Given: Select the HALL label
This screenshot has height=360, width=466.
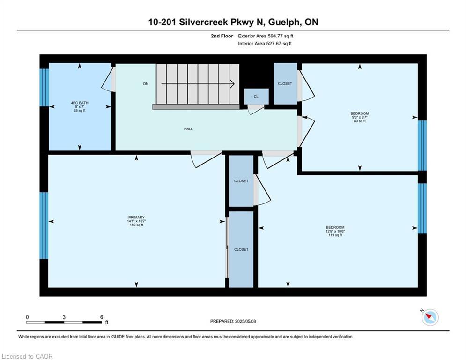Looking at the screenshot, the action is click(x=188, y=129).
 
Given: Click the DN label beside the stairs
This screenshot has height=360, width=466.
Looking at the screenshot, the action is click(x=146, y=84).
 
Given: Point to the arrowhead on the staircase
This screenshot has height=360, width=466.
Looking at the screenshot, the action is click(x=232, y=84).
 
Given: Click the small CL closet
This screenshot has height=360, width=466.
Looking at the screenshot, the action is click(x=256, y=97).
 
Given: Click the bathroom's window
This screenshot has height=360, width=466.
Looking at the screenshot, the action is click(x=44, y=88).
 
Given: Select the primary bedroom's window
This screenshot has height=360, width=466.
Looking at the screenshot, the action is click(x=44, y=225).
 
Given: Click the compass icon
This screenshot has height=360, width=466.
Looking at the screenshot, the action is click(x=430, y=317).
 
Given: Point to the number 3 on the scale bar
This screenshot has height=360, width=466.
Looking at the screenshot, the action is click(x=64, y=317).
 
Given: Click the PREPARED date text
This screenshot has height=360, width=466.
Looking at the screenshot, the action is click(x=233, y=321).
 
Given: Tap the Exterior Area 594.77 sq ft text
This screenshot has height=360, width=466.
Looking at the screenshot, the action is click(x=266, y=36).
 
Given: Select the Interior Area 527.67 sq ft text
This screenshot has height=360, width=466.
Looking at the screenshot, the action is click(x=265, y=44).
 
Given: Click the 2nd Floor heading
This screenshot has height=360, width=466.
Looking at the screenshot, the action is click(x=222, y=36).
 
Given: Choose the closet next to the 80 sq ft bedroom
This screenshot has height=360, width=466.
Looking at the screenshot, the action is click(x=285, y=83).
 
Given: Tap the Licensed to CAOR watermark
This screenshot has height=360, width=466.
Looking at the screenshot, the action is click(x=27, y=356).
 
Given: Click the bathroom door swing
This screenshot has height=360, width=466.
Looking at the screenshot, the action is click(x=108, y=79).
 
